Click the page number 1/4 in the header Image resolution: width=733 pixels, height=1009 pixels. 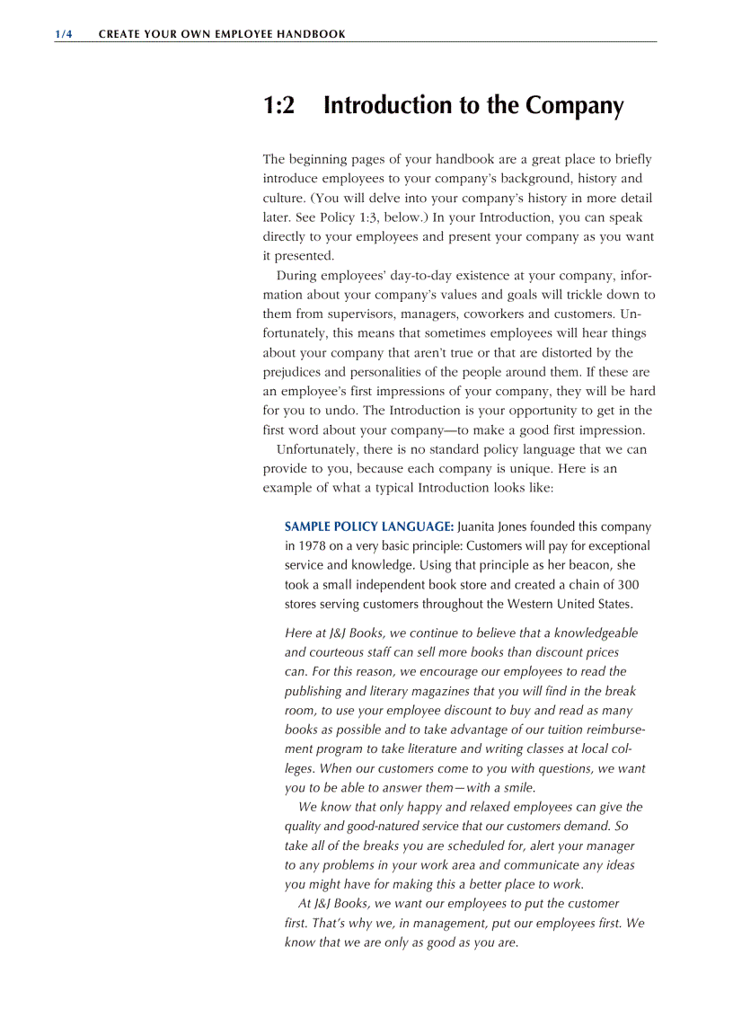(x=63, y=34)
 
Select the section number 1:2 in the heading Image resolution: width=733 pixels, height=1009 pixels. (x=278, y=106)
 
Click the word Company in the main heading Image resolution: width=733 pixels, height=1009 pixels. (x=574, y=106)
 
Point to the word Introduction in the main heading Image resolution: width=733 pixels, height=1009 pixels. (x=388, y=106)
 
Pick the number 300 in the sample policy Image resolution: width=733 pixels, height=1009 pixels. (x=628, y=584)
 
